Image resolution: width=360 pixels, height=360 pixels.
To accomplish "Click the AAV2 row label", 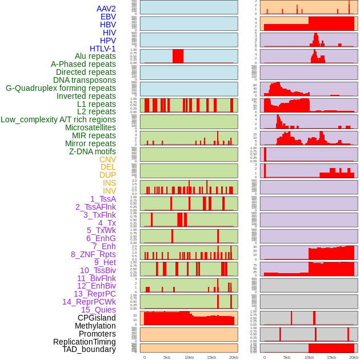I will coord(106,9).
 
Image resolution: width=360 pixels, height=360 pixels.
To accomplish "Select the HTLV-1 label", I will coord(102,49).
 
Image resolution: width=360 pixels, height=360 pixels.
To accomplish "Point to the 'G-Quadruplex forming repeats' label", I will coord(61,88).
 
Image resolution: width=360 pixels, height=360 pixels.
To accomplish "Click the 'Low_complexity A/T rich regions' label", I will coord(58,119).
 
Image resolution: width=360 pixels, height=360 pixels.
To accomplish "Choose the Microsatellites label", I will coord(90,127).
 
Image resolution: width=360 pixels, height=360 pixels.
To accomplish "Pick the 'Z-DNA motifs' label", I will coord(92,151).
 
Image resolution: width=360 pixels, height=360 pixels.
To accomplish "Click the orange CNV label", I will coord(107,159).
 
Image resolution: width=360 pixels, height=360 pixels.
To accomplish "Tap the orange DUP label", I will coord(107,175).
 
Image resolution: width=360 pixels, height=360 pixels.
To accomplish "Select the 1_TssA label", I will coord(103,199).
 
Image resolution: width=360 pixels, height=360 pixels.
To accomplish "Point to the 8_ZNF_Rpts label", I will coord(93,254).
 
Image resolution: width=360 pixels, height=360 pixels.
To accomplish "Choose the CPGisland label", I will coord(97,318).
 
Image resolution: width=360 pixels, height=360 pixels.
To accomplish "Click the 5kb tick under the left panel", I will coord(166,357).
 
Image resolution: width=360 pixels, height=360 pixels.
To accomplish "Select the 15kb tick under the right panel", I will coord(331,357).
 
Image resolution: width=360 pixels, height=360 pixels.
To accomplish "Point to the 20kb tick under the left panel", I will coord(233,357).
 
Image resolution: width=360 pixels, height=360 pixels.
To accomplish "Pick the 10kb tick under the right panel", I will coord(309,357).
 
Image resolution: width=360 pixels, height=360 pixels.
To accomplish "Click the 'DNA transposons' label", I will coord(85,80).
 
